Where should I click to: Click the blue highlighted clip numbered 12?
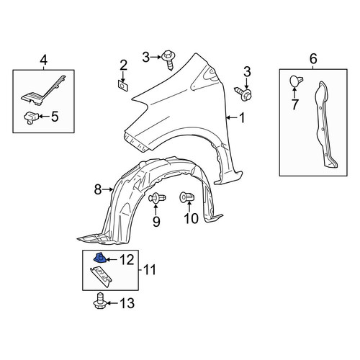(x=99, y=258)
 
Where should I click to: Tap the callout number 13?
(x=127, y=303)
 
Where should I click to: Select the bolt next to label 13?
(x=99, y=301)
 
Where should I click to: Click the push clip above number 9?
(x=157, y=198)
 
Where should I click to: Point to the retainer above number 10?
(x=186, y=197)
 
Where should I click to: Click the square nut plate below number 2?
(x=123, y=86)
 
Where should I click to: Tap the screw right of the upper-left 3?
(x=169, y=60)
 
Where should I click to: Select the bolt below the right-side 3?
(x=243, y=93)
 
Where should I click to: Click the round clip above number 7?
(x=296, y=81)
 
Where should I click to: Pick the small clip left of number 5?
(x=31, y=117)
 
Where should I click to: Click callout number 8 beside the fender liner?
(x=98, y=190)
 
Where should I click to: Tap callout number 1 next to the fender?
(x=242, y=118)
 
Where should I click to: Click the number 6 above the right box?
(x=313, y=59)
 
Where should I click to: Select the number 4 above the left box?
(x=43, y=60)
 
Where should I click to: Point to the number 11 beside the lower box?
(x=150, y=269)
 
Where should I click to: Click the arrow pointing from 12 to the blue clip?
(x=112, y=260)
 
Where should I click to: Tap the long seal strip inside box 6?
(x=325, y=125)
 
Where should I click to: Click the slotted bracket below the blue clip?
(x=101, y=276)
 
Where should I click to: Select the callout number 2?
(x=123, y=65)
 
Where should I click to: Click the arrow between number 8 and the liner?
(x=107, y=189)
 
